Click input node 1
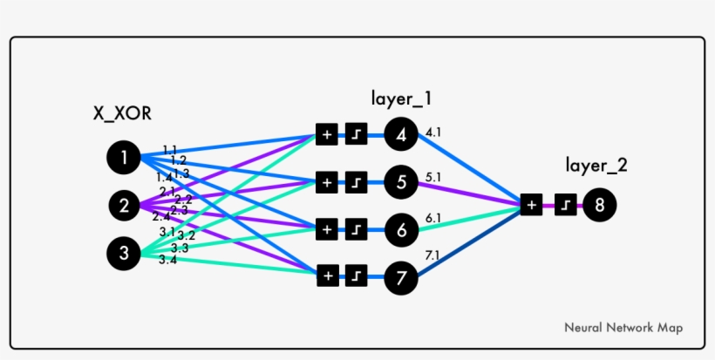pos(124,158)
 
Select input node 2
pos(124,207)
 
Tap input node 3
pos(124,254)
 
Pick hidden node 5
pos(400,182)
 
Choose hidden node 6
pos(400,229)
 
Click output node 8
pos(600,205)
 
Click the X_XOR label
pos(121,112)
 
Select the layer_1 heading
pos(402,96)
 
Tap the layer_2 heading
pos(596,165)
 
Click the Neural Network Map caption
pos(623,328)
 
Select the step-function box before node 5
pos(357,182)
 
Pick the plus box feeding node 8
pos(531,205)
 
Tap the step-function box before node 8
pos(565,205)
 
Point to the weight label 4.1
pos(433,133)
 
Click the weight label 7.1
pos(433,255)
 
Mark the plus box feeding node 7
pos(327,275)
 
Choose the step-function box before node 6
pos(357,229)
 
